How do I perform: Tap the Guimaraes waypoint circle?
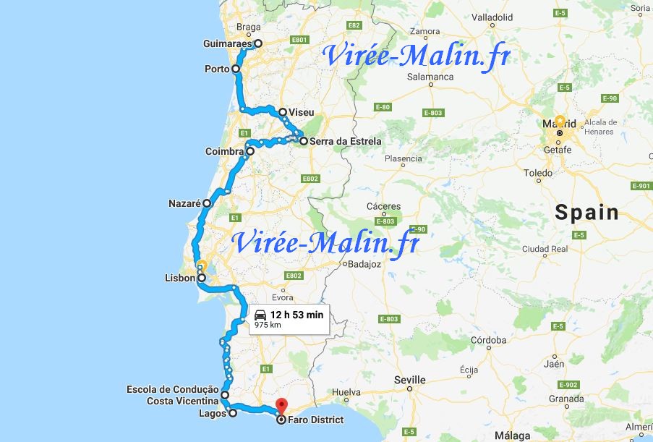pos(257,43)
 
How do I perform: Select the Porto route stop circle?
pos(236,69)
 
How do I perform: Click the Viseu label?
pos(301,113)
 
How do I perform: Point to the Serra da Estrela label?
pos(345,142)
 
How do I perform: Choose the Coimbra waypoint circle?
pos(250,152)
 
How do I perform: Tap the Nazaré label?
pos(184,204)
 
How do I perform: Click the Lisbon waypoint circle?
pos(202,278)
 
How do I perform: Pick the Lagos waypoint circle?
pos(232,414)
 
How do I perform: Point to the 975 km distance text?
pos(268,325)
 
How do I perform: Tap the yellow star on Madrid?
pos(560,122)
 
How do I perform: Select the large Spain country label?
pos(586,213)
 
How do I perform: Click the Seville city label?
pos(409,380)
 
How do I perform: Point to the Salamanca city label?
pos(430,77)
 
